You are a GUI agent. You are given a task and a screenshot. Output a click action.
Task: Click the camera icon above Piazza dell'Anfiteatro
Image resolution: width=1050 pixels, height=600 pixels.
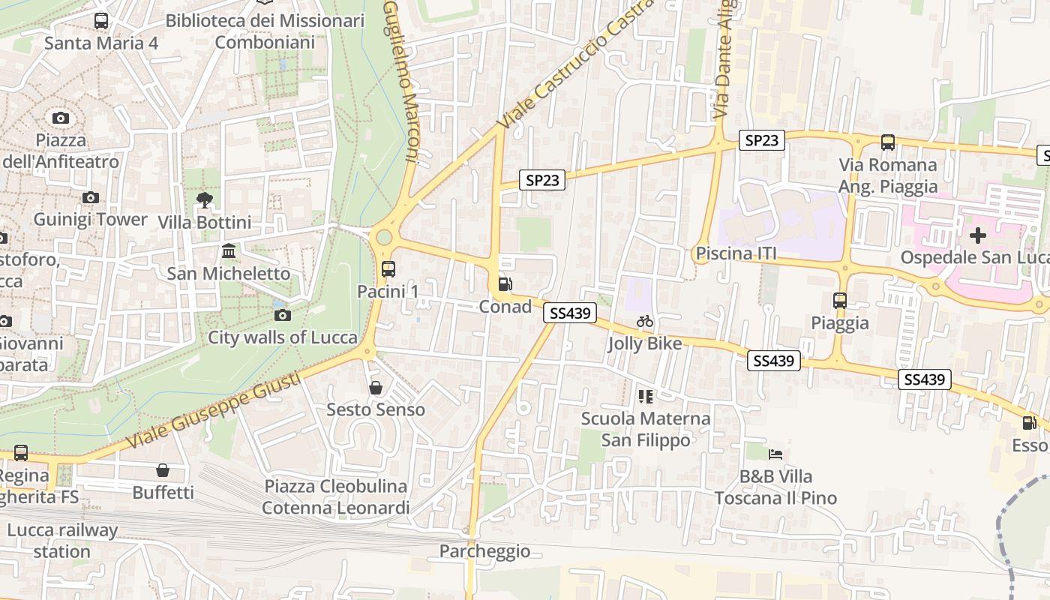[61, 118]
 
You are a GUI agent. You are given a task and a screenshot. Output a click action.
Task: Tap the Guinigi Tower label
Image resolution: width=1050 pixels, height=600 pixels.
[90, 219]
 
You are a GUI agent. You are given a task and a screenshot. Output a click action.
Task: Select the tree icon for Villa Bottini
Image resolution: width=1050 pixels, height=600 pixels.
[204, 200]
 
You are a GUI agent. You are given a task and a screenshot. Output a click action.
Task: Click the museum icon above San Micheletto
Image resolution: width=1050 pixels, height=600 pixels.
[229, 250]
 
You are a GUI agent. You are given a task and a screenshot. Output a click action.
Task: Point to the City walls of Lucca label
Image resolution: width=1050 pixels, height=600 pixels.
[283, 337]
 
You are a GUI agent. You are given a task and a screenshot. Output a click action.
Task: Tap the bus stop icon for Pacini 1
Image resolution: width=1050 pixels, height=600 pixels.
[388, 268]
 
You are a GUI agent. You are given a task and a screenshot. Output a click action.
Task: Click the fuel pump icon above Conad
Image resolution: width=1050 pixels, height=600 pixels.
[505, 284]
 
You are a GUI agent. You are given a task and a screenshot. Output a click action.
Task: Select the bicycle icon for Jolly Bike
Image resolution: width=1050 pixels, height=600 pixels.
[645, 321]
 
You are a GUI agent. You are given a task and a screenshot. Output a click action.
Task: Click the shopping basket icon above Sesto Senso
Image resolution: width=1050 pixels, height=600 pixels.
[376, 388]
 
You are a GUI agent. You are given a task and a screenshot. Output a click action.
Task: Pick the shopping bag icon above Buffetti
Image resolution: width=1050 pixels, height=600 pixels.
[163, 470]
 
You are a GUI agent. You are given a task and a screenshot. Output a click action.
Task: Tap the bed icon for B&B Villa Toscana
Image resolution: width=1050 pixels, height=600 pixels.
[775, 454]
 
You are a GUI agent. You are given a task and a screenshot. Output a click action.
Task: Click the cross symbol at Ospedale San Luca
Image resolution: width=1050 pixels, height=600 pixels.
[977, 235]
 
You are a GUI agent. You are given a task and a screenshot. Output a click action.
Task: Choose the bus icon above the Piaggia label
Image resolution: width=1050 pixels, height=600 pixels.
[840, 301]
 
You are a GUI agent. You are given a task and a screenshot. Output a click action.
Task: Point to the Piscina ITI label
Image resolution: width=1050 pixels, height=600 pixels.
[736, 253]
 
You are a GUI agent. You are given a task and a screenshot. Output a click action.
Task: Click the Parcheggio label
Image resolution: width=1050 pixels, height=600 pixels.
[484, 551]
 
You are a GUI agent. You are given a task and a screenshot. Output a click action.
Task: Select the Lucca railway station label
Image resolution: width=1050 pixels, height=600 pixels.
[62, 541]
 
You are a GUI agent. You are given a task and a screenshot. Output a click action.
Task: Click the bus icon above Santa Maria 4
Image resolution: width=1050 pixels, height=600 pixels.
[101, 21]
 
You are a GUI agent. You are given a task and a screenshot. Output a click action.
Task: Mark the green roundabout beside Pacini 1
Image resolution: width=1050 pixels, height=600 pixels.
[384, 238]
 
